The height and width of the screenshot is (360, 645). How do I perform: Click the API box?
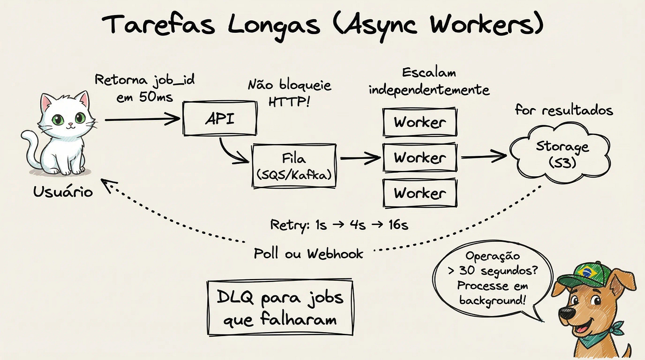219,118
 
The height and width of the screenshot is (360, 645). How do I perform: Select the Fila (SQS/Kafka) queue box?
294,166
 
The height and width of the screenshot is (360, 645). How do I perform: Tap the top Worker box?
419,122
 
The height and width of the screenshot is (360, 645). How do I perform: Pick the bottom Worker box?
419,193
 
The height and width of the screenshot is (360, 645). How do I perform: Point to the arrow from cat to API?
142,119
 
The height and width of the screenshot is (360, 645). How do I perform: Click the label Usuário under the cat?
63,191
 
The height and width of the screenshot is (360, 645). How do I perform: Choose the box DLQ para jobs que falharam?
280,307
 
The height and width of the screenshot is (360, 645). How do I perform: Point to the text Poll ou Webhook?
308,253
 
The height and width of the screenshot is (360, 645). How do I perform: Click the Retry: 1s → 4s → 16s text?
339,225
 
